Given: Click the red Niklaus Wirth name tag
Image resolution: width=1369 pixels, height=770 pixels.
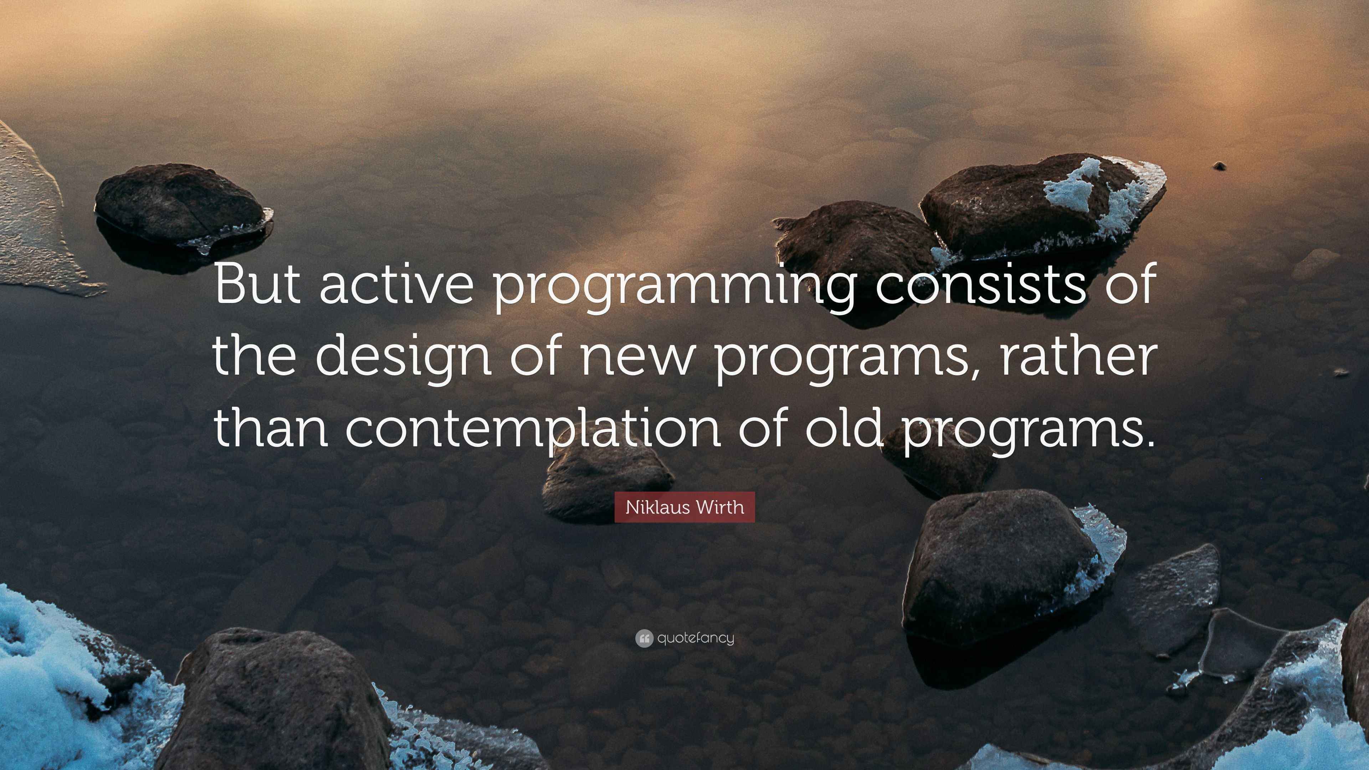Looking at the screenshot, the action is (x=684, y=507).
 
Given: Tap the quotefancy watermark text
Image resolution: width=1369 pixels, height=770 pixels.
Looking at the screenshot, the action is (x=696, y=638).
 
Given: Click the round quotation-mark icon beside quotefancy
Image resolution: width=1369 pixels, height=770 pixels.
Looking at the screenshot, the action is (x=644, y=638).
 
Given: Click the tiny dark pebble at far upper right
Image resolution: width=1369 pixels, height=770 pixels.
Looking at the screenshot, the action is (x=1220, y=166).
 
